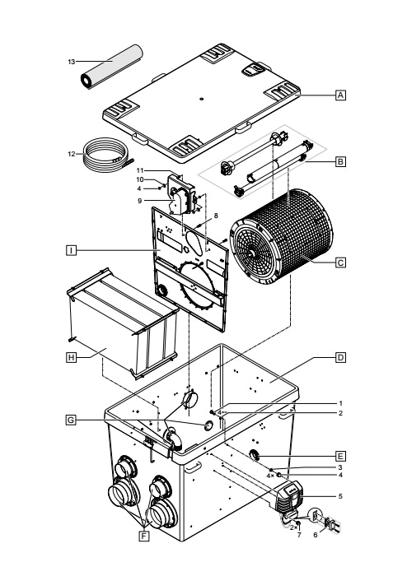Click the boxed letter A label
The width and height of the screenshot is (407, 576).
pos(341,95)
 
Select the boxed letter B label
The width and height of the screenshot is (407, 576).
pos(341,161)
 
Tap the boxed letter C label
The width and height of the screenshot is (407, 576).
pos(341,262)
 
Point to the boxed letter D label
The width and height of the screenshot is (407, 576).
pos(341,357)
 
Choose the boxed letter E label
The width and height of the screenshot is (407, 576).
pos(341,457)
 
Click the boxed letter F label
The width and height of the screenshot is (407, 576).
pos(144,537)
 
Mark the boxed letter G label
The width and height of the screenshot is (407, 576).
pos(71,420)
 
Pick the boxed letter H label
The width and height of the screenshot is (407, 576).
pos(72,357)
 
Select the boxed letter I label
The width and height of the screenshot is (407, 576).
pos(72,250)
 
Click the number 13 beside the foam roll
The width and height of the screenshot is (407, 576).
pos(72,62)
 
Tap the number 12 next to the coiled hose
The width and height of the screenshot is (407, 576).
pos(72,154)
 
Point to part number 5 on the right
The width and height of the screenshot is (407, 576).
pos(340,496)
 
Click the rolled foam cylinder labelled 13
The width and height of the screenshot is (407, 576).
pos(112,67)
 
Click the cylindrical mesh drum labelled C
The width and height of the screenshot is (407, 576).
pos(281,237)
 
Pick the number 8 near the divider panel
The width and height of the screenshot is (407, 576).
pos(216,216)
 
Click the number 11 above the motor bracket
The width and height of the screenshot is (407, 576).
pos(140,170)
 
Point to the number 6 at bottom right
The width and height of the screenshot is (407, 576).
pos(316,535)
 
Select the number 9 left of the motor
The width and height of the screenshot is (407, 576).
pos(140,201)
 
